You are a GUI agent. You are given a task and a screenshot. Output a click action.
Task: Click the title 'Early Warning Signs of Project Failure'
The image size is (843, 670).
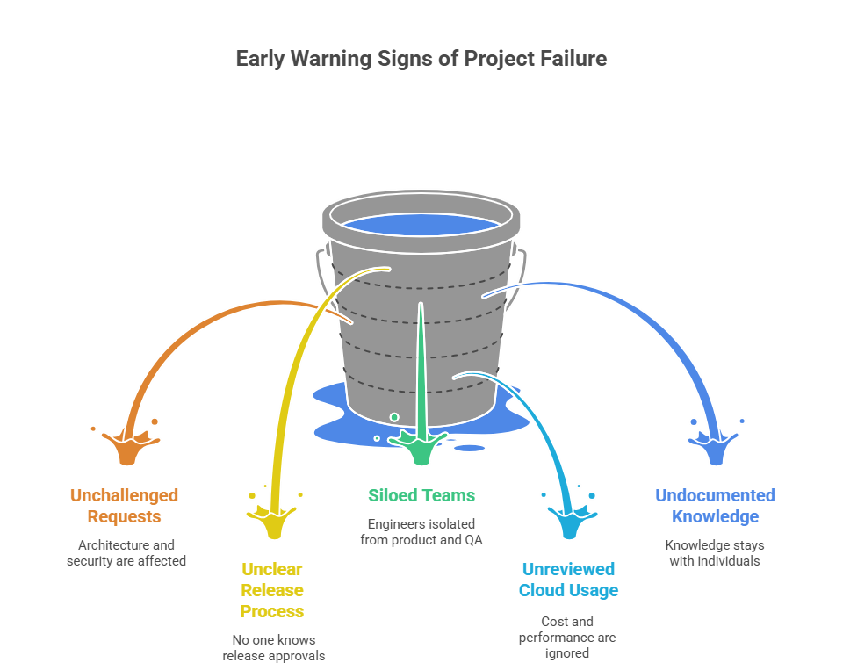point(421,59)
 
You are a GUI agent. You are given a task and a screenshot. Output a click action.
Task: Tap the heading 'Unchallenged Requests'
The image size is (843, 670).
point(124,506)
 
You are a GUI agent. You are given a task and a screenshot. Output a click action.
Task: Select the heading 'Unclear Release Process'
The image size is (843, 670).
point(271,590)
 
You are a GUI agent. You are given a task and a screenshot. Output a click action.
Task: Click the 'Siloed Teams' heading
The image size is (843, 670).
point(421,495)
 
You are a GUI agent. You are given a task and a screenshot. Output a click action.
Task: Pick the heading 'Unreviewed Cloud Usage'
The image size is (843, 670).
point(567,580)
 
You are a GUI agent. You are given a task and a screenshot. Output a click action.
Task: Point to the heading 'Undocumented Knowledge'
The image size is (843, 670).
point(715,506)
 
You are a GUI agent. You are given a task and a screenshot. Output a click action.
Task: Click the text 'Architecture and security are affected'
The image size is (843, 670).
point(126,552)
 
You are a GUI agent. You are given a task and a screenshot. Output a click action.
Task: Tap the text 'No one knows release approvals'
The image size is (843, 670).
point(273,647)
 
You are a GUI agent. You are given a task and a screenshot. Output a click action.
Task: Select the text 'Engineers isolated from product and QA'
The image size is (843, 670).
point(421,531)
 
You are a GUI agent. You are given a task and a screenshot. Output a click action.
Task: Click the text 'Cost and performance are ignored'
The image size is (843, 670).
point(567,637)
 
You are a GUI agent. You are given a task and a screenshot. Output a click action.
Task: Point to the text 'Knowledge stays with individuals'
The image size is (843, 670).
point(714,552)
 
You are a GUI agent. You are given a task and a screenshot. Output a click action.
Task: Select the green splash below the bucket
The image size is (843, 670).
point(421,448)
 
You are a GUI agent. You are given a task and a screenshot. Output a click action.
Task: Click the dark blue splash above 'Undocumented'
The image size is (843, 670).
point(716,448)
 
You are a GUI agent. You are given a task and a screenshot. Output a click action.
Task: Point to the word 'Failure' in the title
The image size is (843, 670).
point(572,59)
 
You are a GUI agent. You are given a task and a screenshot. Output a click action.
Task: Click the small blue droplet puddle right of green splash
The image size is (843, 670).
point(470,448)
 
